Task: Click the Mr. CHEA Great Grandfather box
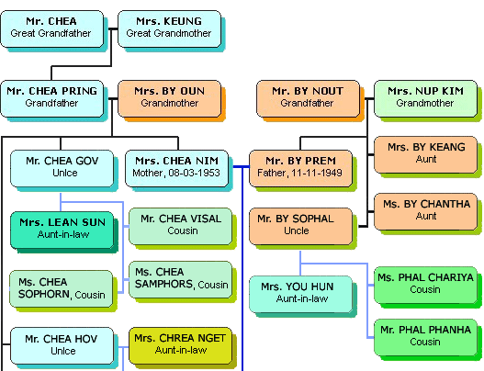[x=51, y=29]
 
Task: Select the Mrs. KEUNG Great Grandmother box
[x=170, y=29]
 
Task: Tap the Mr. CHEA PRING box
[x=51, y=99]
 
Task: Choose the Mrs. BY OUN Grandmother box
[x=170, y=99]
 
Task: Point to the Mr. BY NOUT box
[x=308, y=99]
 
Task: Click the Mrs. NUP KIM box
[x=425, y=99]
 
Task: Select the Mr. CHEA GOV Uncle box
[x=62, y=169]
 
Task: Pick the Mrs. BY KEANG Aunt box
[x=425, y=154]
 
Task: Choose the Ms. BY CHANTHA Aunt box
[x=425, y=212]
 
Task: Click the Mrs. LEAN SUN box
[x=62, y=230]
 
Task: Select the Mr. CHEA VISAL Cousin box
[x=181, y=227]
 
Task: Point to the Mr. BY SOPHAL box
[x=300, y=227]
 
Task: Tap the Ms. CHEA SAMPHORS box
[x=181, y=280]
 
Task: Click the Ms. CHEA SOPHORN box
[x=62, y=289]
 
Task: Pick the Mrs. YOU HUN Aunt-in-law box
[x=300, y=295]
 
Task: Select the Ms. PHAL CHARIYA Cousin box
[x=425, y=286]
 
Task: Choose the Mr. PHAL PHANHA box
[x=425, y=338]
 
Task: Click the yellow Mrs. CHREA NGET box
[x=181, y=346]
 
